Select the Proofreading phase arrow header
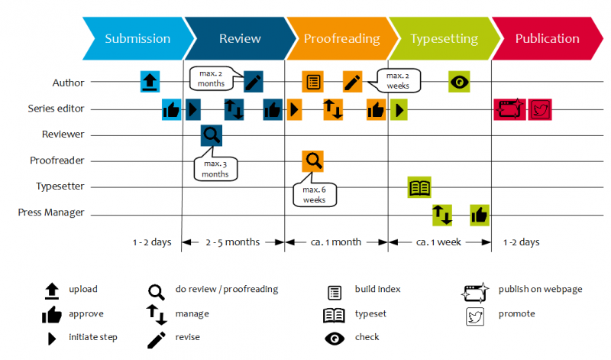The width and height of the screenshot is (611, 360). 341,39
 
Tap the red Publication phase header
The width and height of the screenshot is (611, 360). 547,39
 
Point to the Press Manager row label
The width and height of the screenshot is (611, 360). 51,212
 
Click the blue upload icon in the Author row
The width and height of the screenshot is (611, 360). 150,81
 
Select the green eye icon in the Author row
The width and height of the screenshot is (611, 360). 458,82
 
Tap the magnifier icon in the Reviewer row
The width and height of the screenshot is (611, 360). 212,135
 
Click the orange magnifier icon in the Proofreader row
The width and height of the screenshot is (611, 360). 312,161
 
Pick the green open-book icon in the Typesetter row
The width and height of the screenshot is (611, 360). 419,187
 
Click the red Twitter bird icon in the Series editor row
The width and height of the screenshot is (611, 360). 540,109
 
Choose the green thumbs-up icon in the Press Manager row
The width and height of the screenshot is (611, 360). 480,215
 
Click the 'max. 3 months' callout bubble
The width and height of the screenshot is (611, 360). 215,169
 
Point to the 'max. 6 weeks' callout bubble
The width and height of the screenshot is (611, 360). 314,194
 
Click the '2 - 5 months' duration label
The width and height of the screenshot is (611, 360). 232,242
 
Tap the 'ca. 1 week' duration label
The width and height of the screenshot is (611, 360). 438,242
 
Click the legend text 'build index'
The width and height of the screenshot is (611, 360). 377,290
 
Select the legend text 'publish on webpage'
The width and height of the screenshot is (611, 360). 540,289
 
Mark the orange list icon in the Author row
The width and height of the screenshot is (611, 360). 312,82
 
